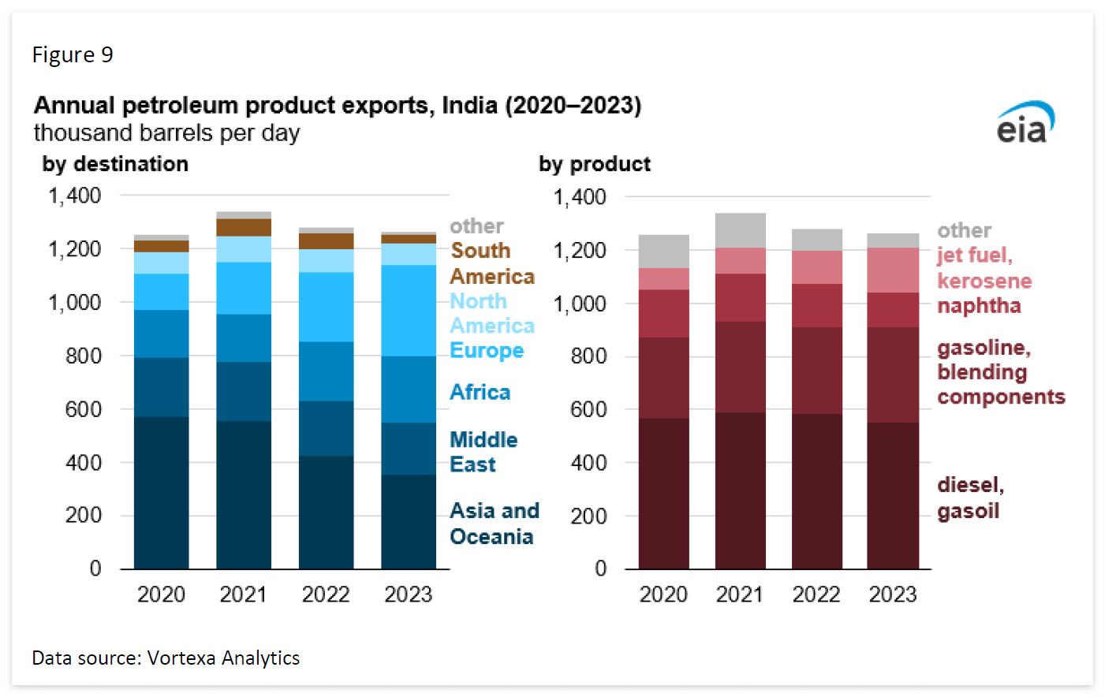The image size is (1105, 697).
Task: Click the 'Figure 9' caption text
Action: coord(73,54)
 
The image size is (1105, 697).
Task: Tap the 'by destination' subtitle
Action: coord(115,164)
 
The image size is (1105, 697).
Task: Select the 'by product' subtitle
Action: coord(595,164)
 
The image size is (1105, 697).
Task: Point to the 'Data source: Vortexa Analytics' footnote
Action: coord(166,658)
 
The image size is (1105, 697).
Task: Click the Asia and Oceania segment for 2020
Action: coord(161,493)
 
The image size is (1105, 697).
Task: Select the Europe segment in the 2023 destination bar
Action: coord(409,311)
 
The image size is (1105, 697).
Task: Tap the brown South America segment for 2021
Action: coord(244,228)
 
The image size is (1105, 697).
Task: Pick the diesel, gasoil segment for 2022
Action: coord(816,491)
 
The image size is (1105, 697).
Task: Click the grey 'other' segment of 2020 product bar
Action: coord(663,252)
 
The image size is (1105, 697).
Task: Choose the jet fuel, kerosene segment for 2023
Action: coord(893,270)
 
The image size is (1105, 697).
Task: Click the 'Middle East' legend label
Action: coord(483,452)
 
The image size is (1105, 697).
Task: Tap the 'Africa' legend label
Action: coord(480,392)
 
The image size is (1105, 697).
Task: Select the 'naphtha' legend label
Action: coord(979,306)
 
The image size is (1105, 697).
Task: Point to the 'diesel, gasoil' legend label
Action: coord(970,498)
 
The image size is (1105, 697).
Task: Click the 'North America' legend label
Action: coord(491,313)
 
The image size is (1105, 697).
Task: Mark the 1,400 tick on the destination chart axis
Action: coord(76,196)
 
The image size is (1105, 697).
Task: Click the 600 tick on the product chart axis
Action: coord(588,409)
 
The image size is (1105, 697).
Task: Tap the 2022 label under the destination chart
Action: coord(326,594)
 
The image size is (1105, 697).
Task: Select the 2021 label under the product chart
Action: coord(740,594)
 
